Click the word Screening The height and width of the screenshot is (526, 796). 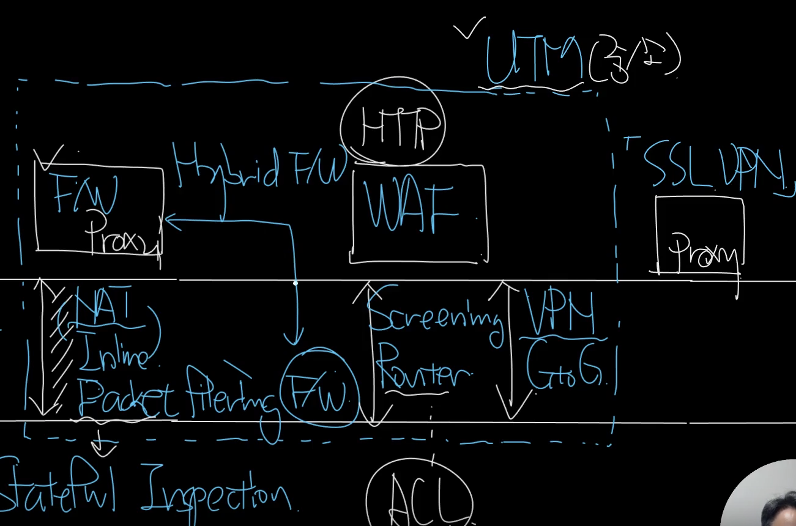436,318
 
